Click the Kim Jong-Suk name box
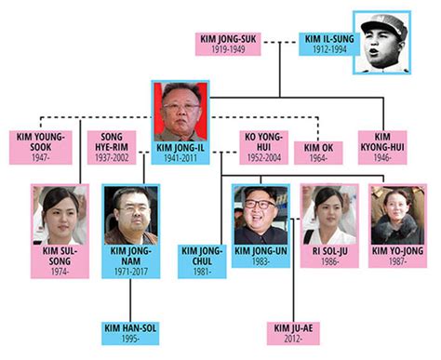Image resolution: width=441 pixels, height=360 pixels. pos(228,44)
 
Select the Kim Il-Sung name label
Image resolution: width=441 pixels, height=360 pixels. pos(329,44)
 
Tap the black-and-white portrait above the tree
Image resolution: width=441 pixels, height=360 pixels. pos(382,43)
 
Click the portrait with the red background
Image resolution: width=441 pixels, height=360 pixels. pos(180,111)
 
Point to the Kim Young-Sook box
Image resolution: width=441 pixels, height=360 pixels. pos(41,147)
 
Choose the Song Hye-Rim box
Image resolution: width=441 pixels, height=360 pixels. pos(112,147)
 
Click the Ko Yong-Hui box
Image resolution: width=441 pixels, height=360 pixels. pos(264,147)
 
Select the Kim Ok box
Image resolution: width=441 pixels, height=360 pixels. pos(318,153)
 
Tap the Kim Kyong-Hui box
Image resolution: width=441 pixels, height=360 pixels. pos(382,147)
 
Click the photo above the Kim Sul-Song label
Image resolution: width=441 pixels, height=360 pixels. pos(60,216)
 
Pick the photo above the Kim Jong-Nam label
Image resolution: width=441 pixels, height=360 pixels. pos(131,216)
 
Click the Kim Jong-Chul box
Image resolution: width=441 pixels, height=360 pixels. pos(202,261)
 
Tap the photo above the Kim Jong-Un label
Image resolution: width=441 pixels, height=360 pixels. pos(261,216)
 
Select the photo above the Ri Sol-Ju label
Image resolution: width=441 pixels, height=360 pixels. pos(329,216)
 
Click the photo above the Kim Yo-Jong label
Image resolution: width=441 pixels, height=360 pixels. pos(397,216)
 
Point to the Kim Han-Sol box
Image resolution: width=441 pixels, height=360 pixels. pos(130,333)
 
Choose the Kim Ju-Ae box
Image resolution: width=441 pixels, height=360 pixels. pos(293,333)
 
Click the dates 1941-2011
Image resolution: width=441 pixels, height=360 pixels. pos(180,158)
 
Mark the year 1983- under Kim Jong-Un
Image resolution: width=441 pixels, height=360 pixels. pos(261,261)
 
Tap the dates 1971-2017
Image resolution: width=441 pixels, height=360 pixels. pos(131,272)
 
